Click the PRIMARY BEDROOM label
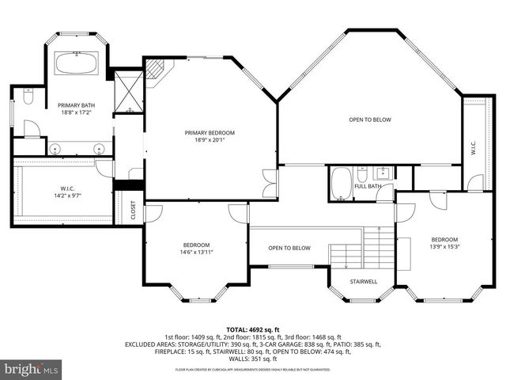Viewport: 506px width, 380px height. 205,132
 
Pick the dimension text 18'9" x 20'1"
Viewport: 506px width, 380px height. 205,140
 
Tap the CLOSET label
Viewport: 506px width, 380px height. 133,211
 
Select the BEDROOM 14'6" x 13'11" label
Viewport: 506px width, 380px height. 196,249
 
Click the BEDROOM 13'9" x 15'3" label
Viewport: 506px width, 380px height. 444,244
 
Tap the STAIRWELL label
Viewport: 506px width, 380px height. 364,280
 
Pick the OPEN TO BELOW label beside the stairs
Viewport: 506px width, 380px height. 289,248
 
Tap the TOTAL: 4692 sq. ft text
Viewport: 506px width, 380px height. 253,329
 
